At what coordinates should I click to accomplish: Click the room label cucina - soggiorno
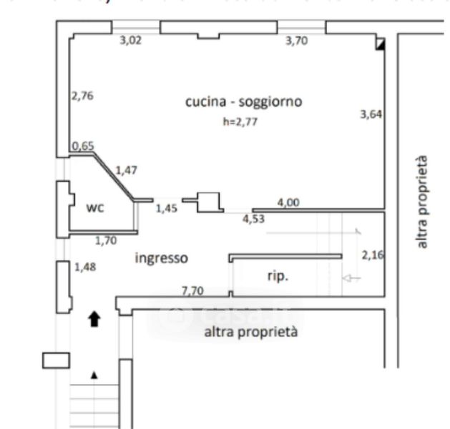[243, 102]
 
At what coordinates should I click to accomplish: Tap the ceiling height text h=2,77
[240, 122]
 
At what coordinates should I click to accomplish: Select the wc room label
[95, 208]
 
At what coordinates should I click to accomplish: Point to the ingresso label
[161, 257]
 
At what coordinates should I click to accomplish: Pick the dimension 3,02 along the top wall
[130, 41]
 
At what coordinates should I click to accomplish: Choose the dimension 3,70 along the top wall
[296, 41]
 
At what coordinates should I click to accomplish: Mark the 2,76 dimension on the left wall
[82, 94]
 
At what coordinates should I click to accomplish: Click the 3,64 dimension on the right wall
[371, 113]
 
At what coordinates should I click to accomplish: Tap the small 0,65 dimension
[83, 147]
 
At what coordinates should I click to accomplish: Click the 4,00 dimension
[288, 203]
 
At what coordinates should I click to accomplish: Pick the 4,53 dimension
[253, 219]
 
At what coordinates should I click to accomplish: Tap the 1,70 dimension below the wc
[105, 240]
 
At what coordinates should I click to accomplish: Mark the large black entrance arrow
[93, 319]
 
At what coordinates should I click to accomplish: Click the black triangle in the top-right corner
[381, 44]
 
